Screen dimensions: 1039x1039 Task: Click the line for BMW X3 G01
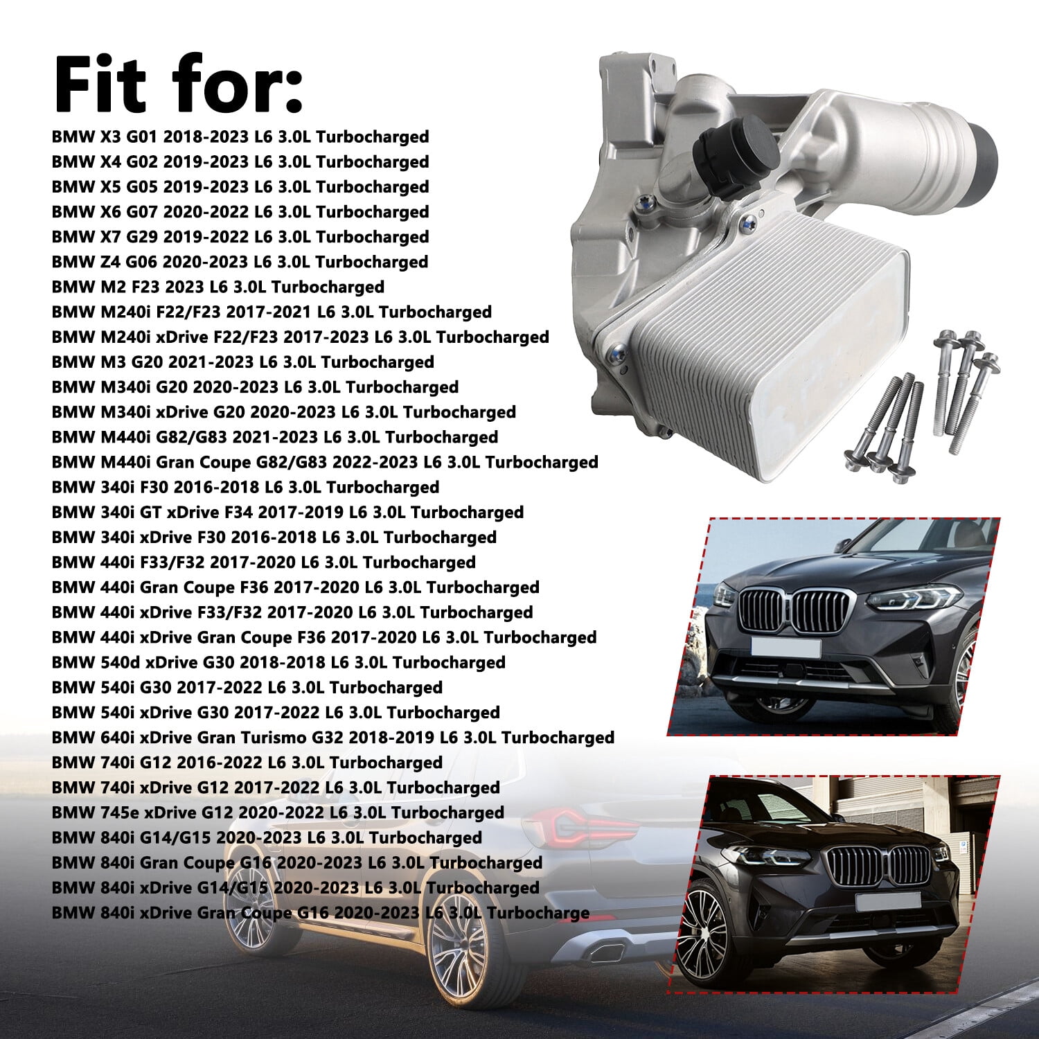(240, 136)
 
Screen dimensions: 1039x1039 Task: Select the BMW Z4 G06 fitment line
(240, 262)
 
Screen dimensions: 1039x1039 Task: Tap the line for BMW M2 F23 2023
(218, 287)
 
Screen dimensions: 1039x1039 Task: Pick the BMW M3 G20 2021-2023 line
(243, 362)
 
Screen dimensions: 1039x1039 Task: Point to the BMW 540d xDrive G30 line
(278, 662)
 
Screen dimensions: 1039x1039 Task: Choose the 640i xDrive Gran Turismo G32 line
(333, 737)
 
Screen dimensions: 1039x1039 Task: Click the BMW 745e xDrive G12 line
(278, 812)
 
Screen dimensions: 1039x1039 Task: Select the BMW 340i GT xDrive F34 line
(287, 512)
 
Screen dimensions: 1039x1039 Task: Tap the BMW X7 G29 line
(240, 237)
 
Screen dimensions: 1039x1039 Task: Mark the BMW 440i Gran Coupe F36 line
(296, 587)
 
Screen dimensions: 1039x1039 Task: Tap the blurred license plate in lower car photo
(887, 901)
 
